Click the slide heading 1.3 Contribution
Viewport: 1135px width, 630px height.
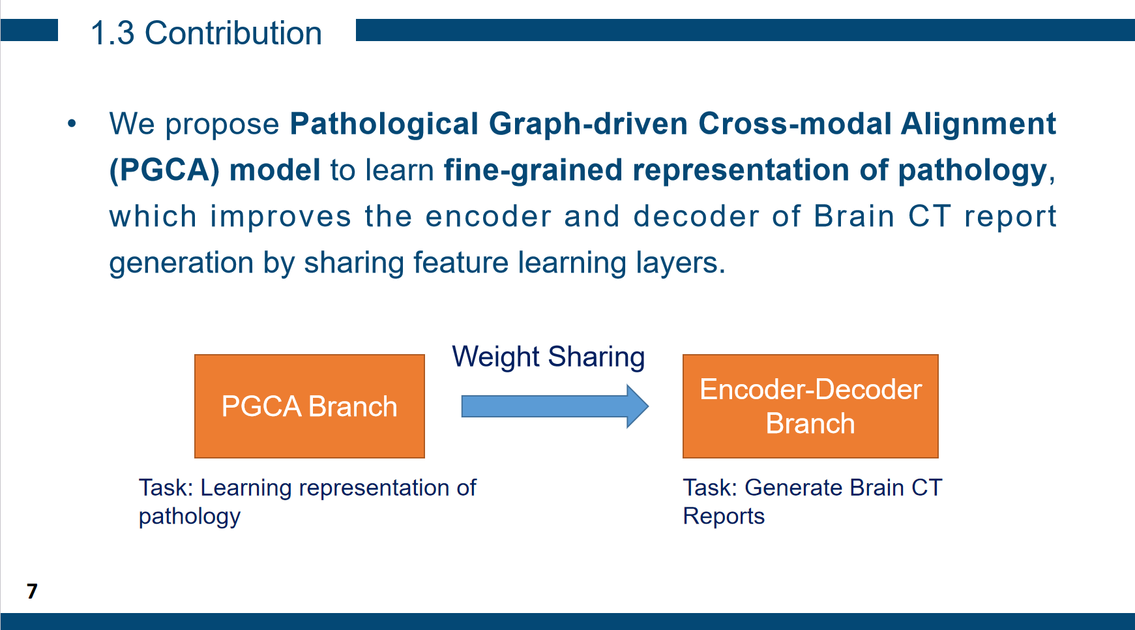(206, 33)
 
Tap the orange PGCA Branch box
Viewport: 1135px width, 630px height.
(309, 406)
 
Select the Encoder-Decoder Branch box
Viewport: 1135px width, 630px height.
(810, 406)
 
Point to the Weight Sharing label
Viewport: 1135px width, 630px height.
(548, 357)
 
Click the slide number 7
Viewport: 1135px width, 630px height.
(32, 591)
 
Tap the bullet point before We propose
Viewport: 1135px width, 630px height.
(72, 123)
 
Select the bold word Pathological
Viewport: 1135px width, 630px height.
(384, 124)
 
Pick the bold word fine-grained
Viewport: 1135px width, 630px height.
(533, 170)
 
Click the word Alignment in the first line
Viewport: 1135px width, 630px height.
(977, 124)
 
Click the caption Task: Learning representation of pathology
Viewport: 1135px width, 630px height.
(307, 501)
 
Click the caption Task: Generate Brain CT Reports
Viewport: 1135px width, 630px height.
(812, 501)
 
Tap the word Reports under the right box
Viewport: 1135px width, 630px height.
(723, 516)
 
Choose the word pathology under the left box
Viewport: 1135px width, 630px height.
(189, 517)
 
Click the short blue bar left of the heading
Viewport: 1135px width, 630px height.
(29, 30)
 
